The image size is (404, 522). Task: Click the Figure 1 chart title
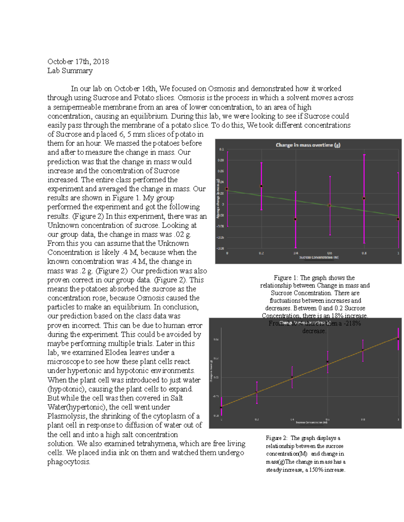click(308, 145)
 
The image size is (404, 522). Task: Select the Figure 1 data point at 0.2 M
click(262, 186)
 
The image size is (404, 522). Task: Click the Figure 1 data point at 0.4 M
click(296, 219)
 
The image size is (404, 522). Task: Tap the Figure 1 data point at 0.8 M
click(364, 199)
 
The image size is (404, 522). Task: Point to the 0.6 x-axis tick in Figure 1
click(330, 253)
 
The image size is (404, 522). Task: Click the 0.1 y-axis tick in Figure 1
click(222, 149)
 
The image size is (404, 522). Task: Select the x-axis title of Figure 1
click(319, 257)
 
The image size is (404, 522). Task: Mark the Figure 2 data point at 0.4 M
click(292, 377)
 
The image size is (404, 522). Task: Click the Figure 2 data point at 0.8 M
click(363, 350)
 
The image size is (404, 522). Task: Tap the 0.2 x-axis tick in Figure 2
click(257, 419)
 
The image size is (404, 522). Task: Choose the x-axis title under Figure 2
click(311, 423)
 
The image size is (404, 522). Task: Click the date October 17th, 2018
click(78, 62)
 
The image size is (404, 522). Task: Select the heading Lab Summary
click(70, 71)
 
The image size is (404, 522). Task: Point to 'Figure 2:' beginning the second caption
click(277, 438)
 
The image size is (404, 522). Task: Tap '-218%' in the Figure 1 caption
click(352, 323)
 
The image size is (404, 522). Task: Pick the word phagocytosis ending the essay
click(69, 462)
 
